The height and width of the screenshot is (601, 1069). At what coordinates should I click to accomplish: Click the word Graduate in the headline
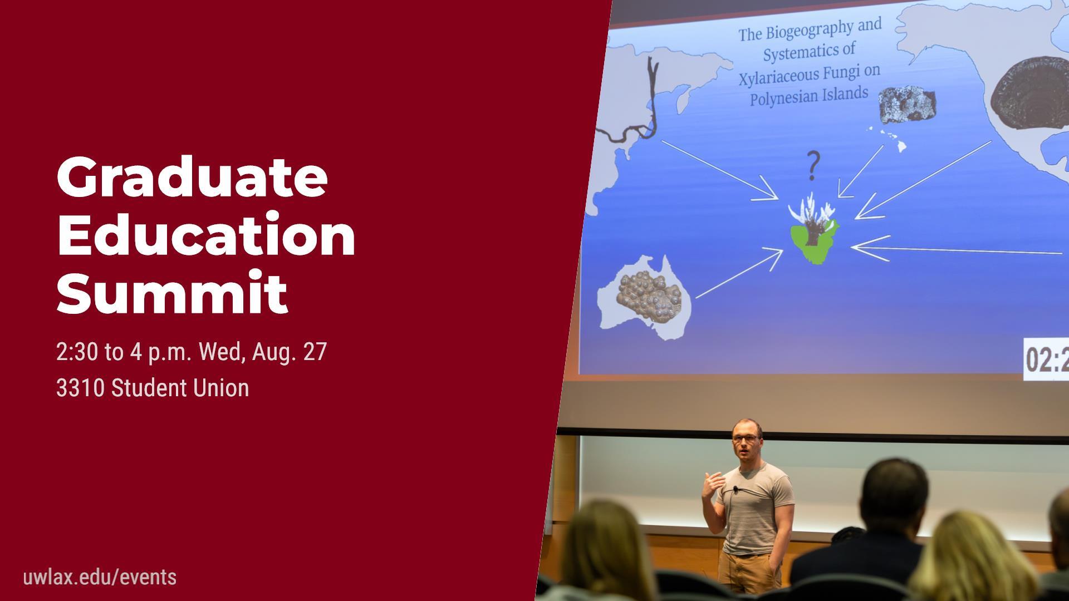click(x=192, y=177)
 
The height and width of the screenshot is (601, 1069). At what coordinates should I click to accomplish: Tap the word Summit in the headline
click(x=172, y=293)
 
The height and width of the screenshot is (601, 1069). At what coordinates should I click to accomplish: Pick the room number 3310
click(x=80, y=388)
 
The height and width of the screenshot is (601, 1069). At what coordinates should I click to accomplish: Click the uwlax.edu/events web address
click(x=100, y=577)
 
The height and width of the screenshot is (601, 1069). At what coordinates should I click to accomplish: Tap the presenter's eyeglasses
click(x=744, y=439)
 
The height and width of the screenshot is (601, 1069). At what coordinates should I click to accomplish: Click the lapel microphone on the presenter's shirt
click(x=735, y=490)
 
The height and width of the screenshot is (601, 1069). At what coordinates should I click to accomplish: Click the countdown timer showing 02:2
click(x=1047, y=360)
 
